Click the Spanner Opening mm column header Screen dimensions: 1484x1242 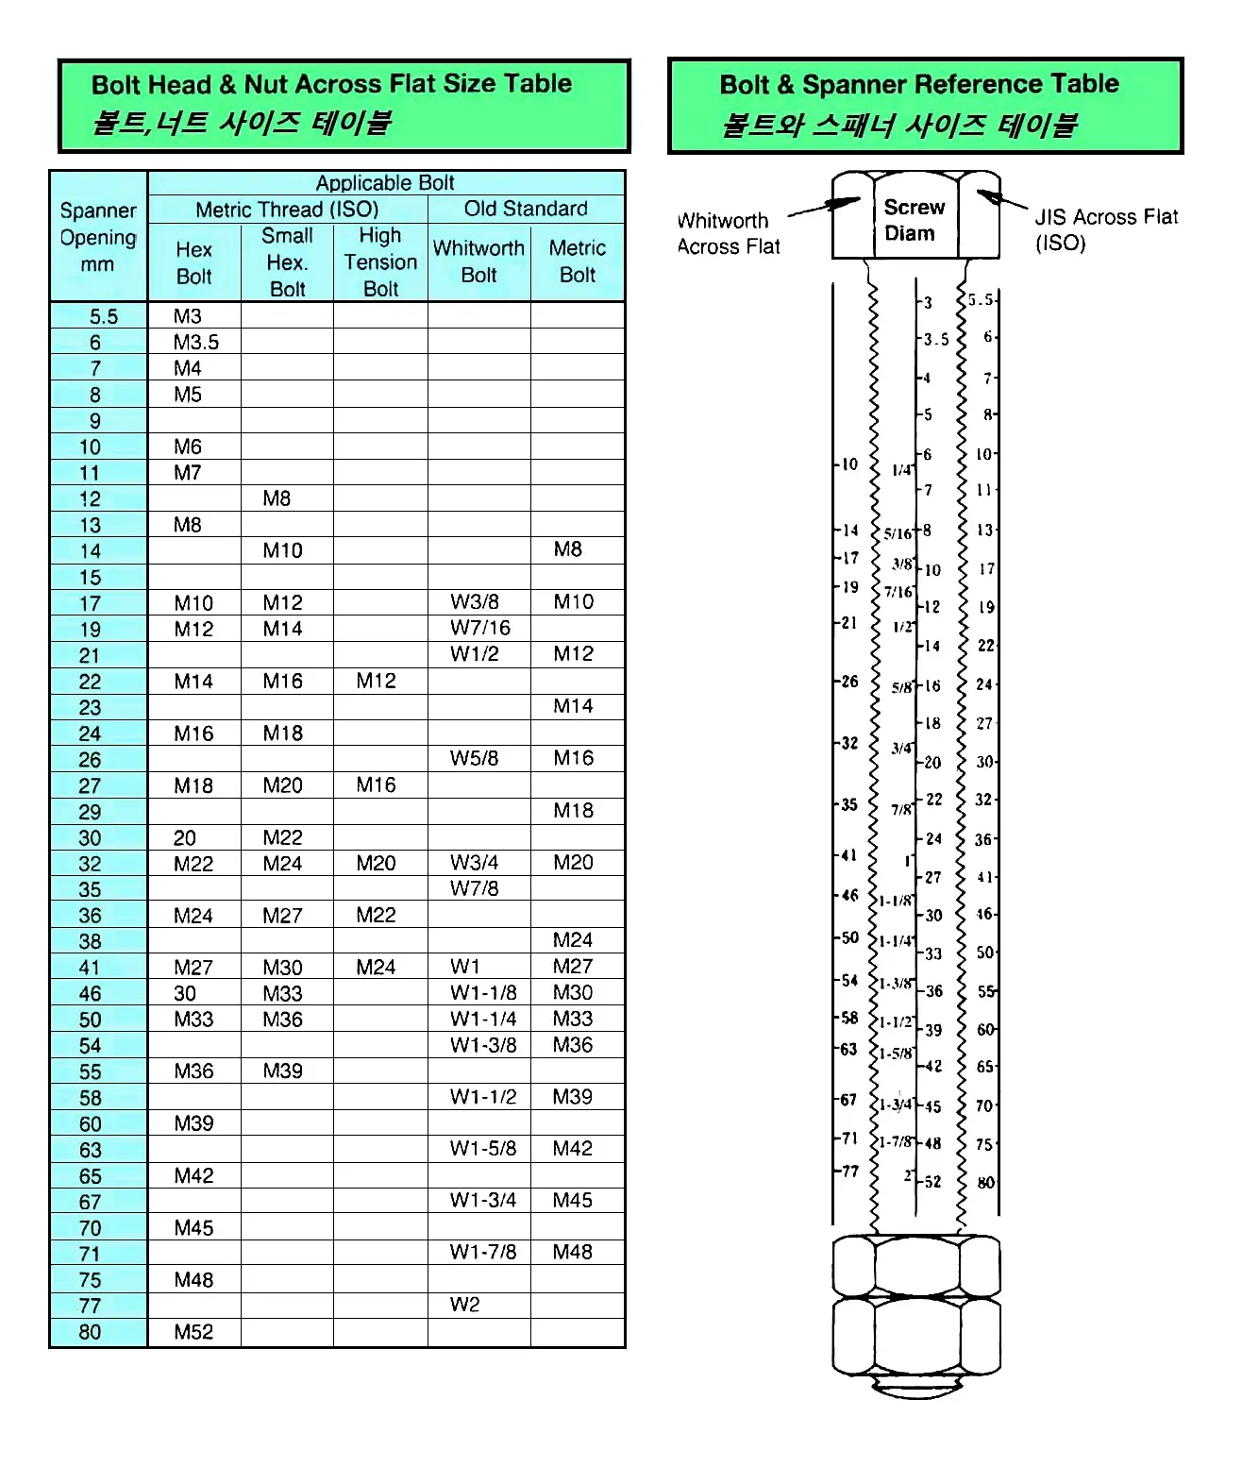(98, 237)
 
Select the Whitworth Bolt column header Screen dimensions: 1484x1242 (478, 261)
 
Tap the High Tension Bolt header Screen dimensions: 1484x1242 (380, 261)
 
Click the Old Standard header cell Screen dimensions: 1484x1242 (526, 209)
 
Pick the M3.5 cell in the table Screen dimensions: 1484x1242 (195, 342)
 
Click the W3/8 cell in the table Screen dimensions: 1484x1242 (475, 602)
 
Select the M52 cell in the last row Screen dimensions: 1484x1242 (193, 1332)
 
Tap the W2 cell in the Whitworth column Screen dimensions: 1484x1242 (465, 1305)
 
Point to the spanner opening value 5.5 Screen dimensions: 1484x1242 (103, 316)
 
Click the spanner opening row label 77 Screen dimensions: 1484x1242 (90, 1306)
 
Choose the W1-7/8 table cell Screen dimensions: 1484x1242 (483, 1252)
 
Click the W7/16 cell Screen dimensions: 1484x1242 (480, 628)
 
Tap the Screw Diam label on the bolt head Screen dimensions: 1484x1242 (913, 220)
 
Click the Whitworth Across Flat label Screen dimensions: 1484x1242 (729, 233)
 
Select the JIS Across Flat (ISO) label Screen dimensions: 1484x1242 (1105, 229)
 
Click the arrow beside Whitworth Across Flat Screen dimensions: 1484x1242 (823, 208)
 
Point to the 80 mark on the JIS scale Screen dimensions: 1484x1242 (985, 1182)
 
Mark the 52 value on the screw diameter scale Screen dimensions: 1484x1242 (932, 1181)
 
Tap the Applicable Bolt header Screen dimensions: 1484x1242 (385, 182)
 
